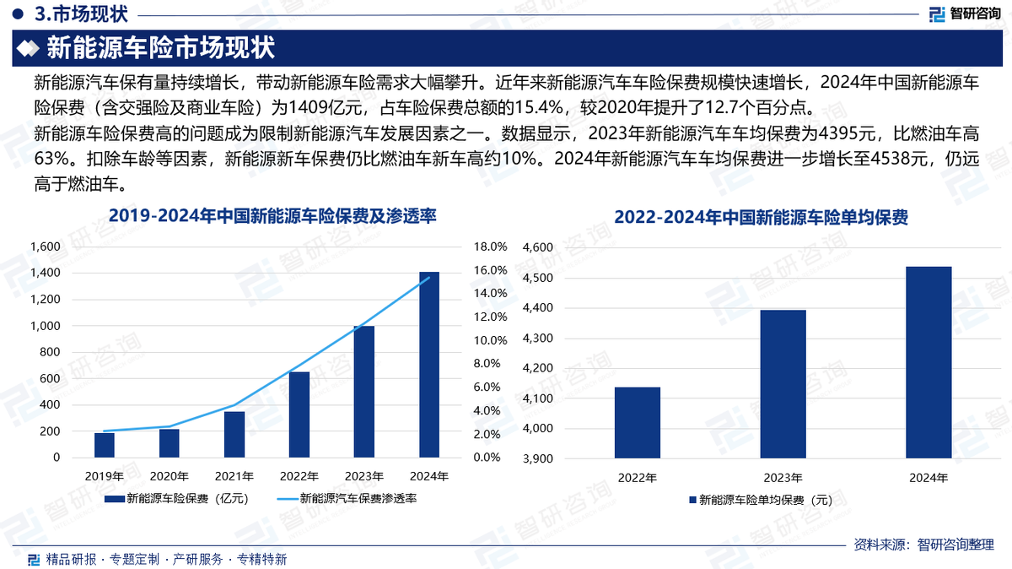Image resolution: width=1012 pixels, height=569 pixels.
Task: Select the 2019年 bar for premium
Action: pyautogui.click(x=105, y=445)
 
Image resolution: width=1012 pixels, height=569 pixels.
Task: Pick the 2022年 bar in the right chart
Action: pyautogui.click(x=638, y=423)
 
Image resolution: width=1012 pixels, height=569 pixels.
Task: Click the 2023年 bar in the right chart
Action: pyautogui.click(x=783, y=384)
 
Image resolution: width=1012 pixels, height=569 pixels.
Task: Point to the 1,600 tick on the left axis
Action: pyautogui.click(x=45, y=247)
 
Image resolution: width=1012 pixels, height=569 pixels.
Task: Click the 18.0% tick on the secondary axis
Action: pyautogui.click(x=491, y=247)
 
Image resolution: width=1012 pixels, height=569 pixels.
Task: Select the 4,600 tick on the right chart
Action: pyautogui.click(x=537, y=247)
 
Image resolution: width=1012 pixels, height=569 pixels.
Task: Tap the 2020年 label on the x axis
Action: pyautogui.click(x=170, y=476)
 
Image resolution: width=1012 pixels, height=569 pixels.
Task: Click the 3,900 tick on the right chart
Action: pyautogui.click(x=537, y=459)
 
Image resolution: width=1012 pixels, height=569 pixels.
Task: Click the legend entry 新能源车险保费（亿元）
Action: pyautogui.click(x=177, y=498)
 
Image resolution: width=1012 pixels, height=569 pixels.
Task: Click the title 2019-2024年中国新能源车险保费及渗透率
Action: pyautogui.click(x=272, y=217)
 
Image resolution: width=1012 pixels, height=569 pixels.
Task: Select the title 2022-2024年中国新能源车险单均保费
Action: pyautogui.click(x=761, y=217)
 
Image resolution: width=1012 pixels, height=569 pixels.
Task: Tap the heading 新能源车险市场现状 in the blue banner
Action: pyautogui.click(x=159, y=47)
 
